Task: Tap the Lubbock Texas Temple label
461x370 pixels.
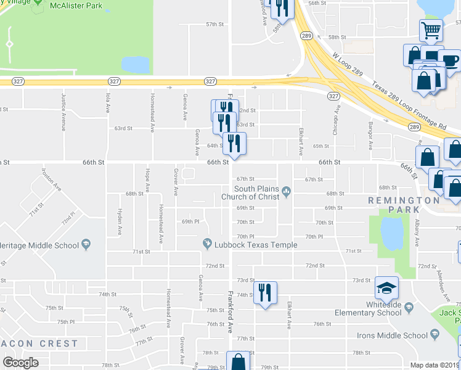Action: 258,245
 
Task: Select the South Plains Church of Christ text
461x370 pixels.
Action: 258,192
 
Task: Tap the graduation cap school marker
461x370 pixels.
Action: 386,288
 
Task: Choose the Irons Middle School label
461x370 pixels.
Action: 392,335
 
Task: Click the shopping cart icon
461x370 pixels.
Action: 431,30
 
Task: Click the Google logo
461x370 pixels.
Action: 20,363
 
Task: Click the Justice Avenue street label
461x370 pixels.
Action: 63,112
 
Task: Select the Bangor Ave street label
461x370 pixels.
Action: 371,138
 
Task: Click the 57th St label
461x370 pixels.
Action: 214,24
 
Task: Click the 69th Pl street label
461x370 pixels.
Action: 190,221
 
